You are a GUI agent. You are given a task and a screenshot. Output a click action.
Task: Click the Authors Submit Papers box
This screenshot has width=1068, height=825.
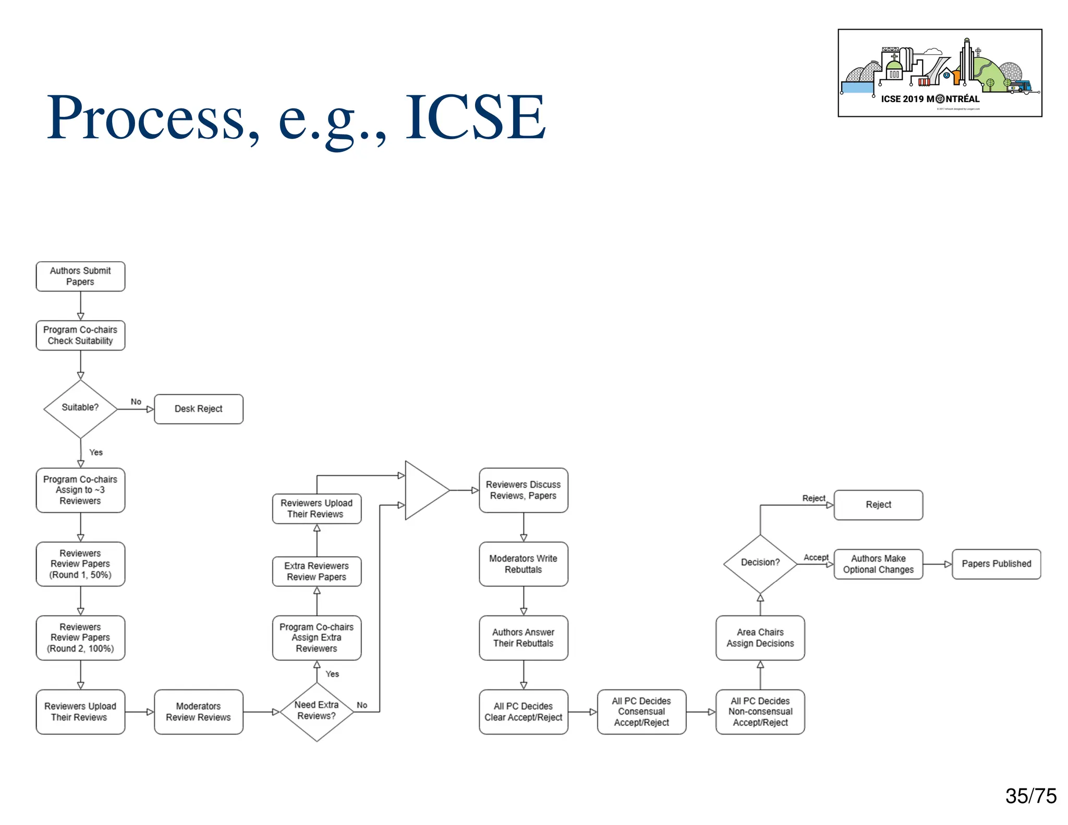[80, 276]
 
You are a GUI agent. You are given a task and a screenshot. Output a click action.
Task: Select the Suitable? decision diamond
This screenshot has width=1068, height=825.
[80, 408]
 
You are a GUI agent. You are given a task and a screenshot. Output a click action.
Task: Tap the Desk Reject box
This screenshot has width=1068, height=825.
[199, 409]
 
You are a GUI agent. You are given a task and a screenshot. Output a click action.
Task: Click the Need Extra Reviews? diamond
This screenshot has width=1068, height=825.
[317, 711]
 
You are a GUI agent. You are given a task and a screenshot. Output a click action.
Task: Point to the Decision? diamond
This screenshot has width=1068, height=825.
[760, 563]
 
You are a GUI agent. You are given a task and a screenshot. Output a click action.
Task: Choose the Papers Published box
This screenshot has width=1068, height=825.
[996, 564]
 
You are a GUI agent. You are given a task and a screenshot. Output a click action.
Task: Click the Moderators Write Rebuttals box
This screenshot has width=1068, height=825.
[523, 564]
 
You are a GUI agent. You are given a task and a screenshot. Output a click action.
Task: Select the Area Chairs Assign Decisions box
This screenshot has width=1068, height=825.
[760, 638]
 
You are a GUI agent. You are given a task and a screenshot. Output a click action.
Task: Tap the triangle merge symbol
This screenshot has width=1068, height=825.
[424, 490]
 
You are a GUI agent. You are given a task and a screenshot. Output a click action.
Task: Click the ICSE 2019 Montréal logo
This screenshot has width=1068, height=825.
[940, 73]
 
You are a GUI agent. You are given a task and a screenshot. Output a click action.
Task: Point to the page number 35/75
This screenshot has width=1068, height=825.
[1030, 796]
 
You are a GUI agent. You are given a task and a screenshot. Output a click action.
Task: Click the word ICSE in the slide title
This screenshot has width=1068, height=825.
[476, 118]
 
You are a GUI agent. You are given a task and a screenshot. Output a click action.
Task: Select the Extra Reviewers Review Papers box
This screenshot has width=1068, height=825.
[317, 572]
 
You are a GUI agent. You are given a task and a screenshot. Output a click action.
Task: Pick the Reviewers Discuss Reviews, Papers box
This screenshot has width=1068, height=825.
[523, 490]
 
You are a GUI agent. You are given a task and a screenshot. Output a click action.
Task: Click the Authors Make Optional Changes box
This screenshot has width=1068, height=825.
[878, 564]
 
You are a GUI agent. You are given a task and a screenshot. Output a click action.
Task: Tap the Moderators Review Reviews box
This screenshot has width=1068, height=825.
[199, 712]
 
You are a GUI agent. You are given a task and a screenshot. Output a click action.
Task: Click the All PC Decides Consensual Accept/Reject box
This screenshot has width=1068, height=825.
[641, 712]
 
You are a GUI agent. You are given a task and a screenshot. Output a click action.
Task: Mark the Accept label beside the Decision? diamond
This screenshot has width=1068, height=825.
[816, 557]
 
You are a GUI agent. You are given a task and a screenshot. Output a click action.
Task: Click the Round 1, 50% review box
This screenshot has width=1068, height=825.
[80, 564]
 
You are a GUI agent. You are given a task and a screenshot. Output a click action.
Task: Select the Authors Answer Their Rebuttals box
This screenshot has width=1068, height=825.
[523, 638]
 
